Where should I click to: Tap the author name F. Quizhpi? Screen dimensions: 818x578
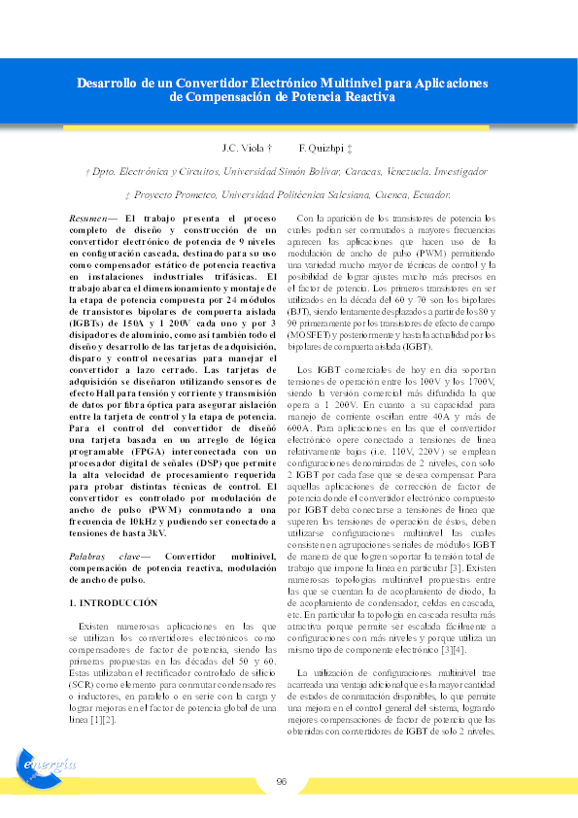[320, 148]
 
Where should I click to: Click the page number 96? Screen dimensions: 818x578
[281, 781]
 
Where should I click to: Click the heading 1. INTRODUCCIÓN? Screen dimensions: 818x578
[113, 603]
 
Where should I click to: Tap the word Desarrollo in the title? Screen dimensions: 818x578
[108, 83]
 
